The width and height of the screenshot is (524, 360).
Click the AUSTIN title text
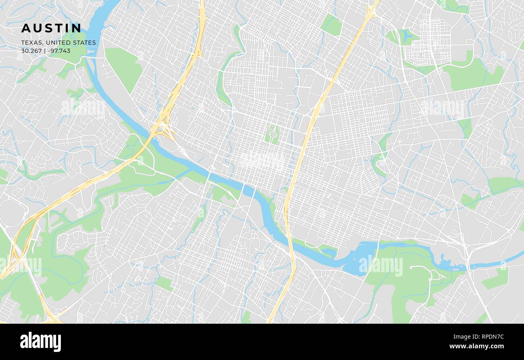click(51, 28)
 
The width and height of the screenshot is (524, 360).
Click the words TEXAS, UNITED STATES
click(58, 43)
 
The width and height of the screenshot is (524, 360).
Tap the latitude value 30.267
click(31, 51)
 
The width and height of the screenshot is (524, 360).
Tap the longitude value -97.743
click(58, 51)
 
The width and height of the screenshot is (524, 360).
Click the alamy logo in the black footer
click(40, 342)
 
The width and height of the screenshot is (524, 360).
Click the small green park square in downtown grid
click(272, 135)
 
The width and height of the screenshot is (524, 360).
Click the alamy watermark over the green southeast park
click(381, 266)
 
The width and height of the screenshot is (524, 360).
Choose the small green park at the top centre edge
click(331, 25)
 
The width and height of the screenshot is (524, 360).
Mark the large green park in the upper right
click(474, 75)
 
